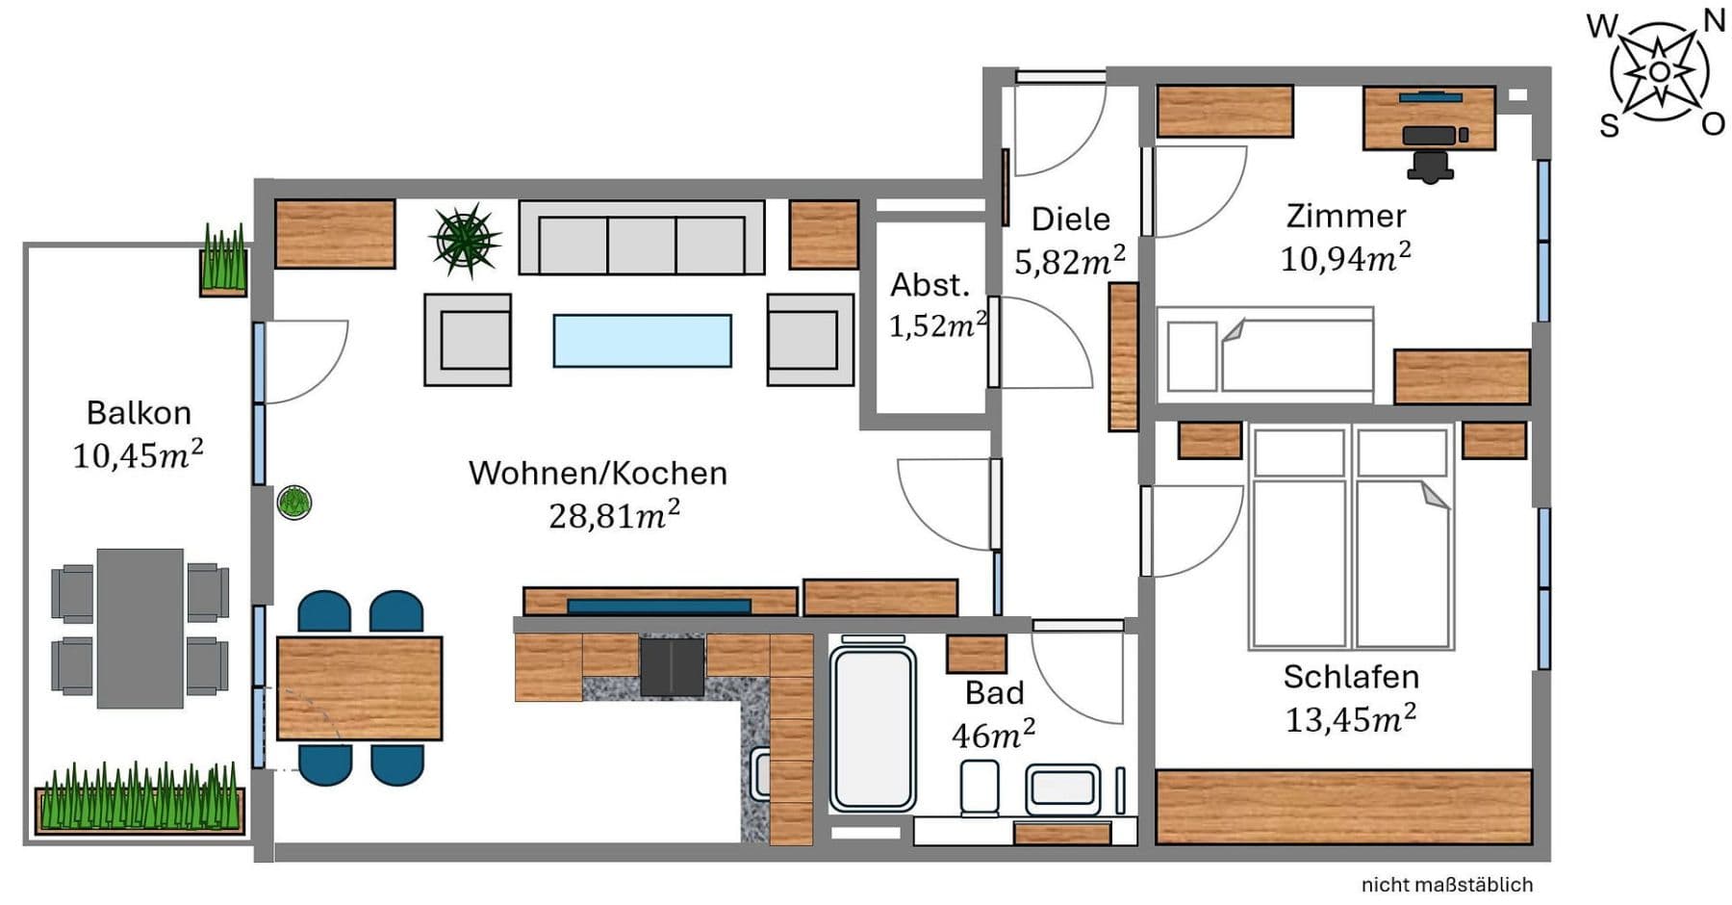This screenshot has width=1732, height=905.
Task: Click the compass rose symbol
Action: pos(1659,73)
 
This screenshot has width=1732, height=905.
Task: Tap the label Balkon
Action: pos(139,413)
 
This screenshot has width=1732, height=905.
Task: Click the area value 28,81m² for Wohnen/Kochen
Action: pos(614,516)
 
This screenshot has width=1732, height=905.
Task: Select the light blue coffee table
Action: pos(642,341)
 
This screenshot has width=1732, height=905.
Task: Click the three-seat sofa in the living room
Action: pos(642,239)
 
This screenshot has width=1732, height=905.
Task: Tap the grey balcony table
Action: pos(140,628)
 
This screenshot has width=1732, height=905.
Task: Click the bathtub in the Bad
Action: pos(873,728)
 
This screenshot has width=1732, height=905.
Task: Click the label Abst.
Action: pos(930,285)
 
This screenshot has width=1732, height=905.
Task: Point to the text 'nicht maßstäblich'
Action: pos(1446,885)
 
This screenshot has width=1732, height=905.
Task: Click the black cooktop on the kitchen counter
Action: pos(672,666)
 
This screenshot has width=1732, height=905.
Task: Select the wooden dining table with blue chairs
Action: pos(359,687)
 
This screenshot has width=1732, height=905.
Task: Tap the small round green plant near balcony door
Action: pos(294,502)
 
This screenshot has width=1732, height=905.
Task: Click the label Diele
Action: pos(1070,220)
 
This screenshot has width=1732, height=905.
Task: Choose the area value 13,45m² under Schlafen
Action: pos(1350,719)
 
